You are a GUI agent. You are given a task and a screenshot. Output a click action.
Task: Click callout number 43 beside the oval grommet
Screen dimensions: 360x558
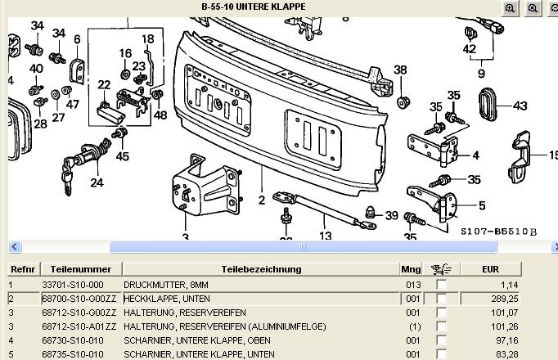(x=520, y=106)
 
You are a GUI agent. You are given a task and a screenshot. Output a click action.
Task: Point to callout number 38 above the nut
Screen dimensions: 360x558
(x=400, y=70)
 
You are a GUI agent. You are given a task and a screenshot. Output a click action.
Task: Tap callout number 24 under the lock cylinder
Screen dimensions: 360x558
(x=97, y=182)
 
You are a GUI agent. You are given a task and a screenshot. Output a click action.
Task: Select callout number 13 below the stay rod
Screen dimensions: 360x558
(x=326, y=236)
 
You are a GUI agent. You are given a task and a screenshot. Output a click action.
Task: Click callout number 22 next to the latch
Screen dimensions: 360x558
(x=104, y=85)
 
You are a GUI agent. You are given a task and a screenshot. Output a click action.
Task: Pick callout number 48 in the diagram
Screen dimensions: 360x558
(x=160, y=115)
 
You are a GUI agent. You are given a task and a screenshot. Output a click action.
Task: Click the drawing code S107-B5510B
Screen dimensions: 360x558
(x=498, y=232)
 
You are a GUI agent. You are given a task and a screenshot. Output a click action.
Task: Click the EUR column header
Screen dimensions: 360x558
(x=491, y=268)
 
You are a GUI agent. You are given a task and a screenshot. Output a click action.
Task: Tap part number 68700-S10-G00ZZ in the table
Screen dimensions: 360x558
(x=78, y=299)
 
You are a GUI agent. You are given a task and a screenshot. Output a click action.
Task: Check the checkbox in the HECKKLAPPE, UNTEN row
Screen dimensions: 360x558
(x=442, y=299)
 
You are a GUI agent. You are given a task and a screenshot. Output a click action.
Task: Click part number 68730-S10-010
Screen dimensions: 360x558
(x=73, y=340)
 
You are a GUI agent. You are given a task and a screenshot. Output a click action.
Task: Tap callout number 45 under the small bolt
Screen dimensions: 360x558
(x=122, y=156)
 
